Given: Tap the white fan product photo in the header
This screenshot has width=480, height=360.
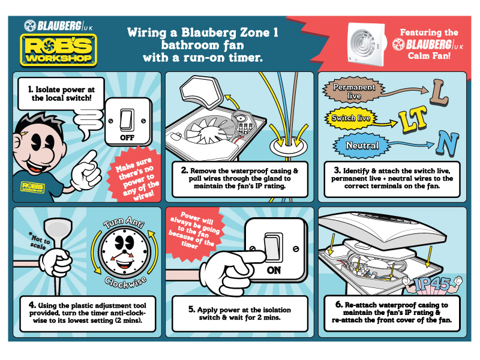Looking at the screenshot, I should point(367,44).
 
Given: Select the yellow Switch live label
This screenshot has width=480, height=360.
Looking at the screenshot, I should point(351,118).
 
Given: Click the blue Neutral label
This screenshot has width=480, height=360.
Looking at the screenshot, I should point(362,145).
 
